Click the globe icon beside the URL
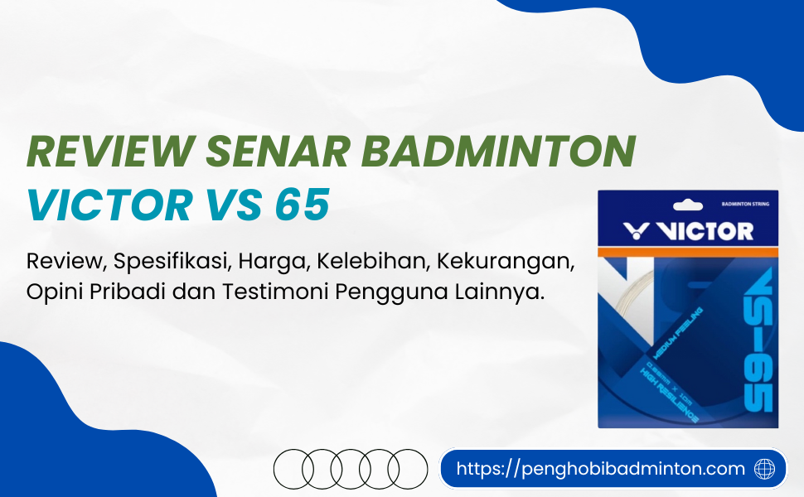[764, 469]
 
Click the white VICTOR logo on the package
[688, 230]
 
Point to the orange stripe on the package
[688, 250]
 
